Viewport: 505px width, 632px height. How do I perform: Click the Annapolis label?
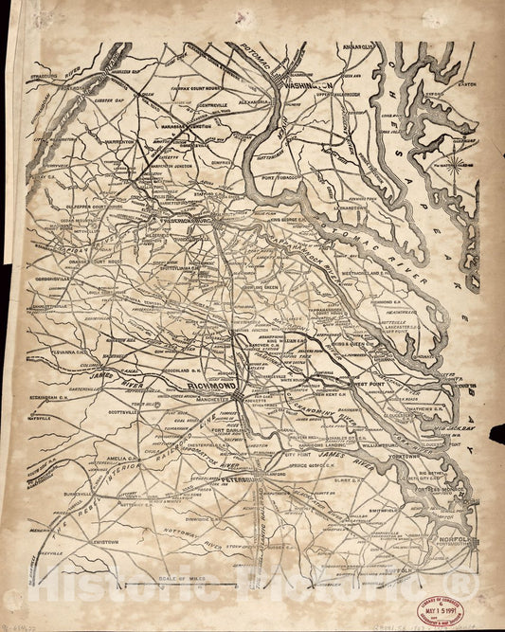[x=364, y=45]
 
